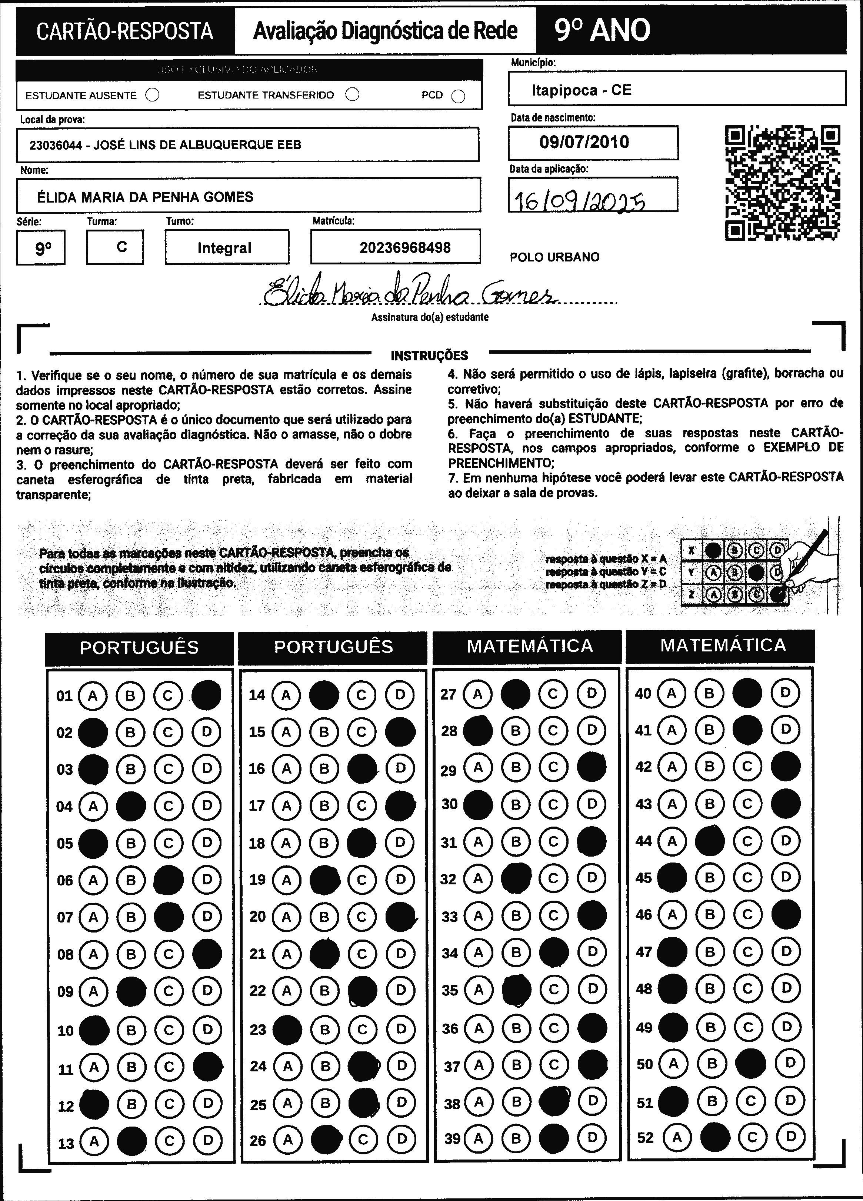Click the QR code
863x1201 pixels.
tap(782, 182)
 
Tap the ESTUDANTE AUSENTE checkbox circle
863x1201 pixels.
tap(153, 95)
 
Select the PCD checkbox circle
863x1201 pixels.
tap(458, 96)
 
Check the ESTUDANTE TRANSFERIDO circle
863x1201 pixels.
tap(352, 94)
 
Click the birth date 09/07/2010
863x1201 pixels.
tap(584, 142)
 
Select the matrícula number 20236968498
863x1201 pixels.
tap(405, 247)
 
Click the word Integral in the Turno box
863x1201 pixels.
tap(224, 248)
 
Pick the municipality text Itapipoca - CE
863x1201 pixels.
tap(582, 90)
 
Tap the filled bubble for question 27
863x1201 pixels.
tap(515, 694)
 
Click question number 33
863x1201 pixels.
tap(449, 917)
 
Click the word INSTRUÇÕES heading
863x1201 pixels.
tap(429, 355)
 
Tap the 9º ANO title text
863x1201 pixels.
tap(602, 30)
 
